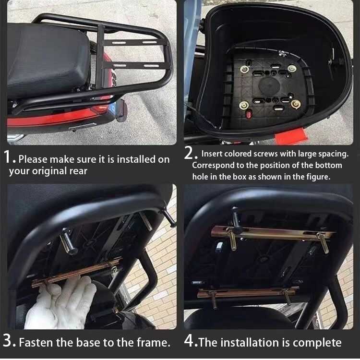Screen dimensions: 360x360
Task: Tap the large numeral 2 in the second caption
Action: tap(189, 153)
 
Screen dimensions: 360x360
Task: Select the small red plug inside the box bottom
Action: tap(249, 113)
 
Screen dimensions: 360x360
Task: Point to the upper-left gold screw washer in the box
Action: tap(244, 69)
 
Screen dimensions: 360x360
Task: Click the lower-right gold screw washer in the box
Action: tap(296, 104)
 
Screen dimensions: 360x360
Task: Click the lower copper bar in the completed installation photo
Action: tap(248, 292)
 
